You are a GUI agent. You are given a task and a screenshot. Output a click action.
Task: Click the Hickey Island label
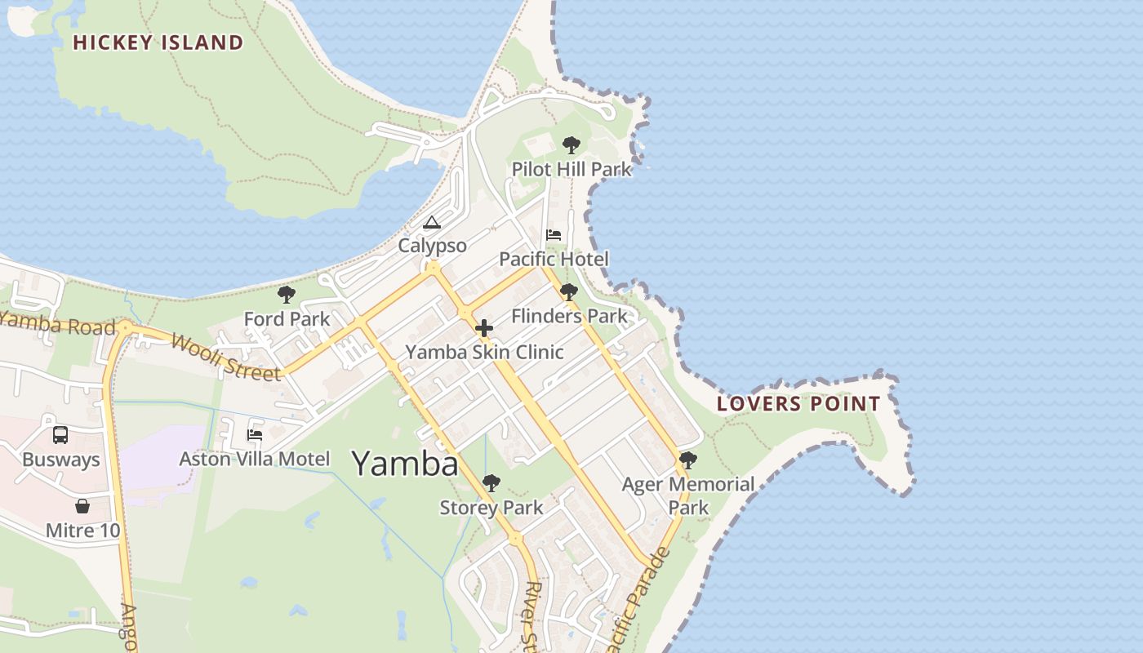point(158,42)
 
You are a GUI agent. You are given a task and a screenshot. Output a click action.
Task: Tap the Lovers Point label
point(798,403)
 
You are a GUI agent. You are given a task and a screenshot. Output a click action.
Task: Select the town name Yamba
point(405,464)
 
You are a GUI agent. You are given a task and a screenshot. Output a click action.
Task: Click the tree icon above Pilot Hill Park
point(571,145)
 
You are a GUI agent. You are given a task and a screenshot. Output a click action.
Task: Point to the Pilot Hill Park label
point(571,169)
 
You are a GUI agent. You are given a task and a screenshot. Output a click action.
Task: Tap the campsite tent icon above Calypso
point(432,222)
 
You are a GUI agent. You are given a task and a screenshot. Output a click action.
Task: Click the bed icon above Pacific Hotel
point(554,235)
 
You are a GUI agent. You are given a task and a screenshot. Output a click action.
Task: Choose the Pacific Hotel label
point(554,260)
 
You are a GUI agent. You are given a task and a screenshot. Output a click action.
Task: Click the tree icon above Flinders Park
point(569,292)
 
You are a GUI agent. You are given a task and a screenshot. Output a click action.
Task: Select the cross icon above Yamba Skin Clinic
point(484,328)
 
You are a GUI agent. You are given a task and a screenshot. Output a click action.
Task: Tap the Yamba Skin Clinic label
point(484,353)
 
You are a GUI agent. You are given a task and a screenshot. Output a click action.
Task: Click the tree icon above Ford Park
point(286,295)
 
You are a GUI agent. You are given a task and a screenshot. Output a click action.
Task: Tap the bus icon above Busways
point(60,435)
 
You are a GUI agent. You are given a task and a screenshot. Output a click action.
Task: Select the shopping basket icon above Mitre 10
point(82,506)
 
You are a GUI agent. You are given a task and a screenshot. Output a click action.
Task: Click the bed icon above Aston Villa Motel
point(255,435)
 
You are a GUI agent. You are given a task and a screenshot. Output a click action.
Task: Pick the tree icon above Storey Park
point(491,483)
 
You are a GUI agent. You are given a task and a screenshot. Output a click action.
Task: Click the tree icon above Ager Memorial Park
point(688,460)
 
